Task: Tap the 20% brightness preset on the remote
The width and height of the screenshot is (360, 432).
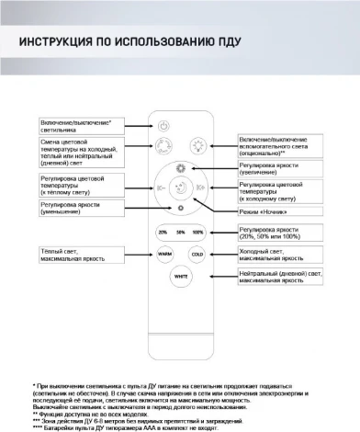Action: click(x=163, y=232)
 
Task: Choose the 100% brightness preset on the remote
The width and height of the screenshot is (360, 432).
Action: click(x=197, y=232)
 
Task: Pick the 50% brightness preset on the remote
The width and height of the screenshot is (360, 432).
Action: click(x=181, y=232)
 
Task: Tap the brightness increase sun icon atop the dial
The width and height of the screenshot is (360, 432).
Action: click(x=181, y=168)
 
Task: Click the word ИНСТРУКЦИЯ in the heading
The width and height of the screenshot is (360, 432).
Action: click(x=55, y=42)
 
